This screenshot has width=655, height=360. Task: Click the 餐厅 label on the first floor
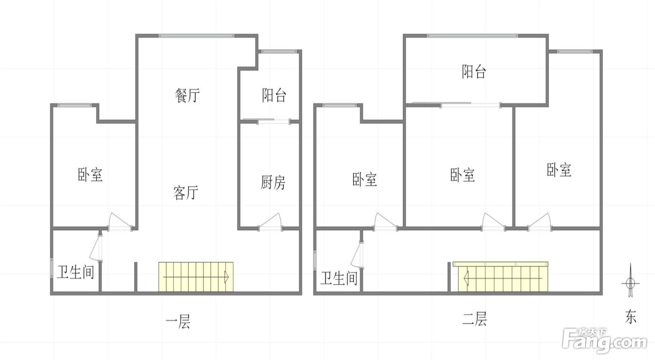tap(188, 96)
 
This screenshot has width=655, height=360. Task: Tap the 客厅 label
tap(186, 192)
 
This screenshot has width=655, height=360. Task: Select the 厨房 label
tap(273, 183)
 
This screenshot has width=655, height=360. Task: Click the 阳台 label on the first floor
tap(274, 96)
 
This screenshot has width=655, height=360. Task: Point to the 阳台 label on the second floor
tap(474, 72)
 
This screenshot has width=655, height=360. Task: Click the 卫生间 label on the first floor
tap(75, 272)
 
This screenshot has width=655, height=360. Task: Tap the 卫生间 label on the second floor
tap(339, 278)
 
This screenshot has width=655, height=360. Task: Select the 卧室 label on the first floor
tap(90, 175)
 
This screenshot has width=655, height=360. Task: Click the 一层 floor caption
tap(178, 322)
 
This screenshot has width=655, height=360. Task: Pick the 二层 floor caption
tap(474, 319)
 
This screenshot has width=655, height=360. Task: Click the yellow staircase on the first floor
tap(196, 277)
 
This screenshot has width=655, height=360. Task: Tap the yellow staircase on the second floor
tap(500, 277)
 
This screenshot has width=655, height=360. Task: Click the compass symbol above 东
tap(631, 280)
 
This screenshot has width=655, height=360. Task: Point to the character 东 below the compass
tap(631, 316)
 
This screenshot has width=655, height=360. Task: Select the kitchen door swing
tap(270, 221)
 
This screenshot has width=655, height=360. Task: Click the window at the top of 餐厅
tap(196, 36)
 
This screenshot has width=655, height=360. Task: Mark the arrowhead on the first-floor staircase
tap(226, 277)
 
